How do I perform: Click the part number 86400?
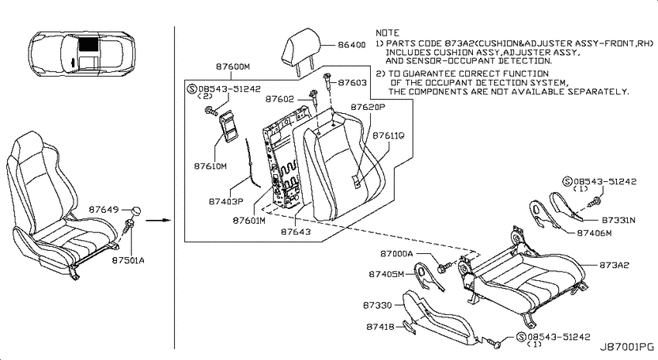pyautogui.click(x=351, y=44)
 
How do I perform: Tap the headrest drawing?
pyautogui.click(x=300, y=50)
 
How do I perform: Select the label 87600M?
pyautogui.click(x=233, y=67)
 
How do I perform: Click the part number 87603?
pyautogui.click(x=352, y=83)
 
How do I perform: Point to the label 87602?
pyautogui.click(x=280, y=99)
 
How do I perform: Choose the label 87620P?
pyautogui.click(x=368, y=107)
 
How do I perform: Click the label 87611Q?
pyautogui.click(x=388, y=135)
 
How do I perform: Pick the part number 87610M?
pyautogui.click(x=211, y=166)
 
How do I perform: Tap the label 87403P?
pyautogui.click(x=226, y=201)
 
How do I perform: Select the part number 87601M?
pyautogui.click(x=249, y=220)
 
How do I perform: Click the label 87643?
pyautogui.click(x=296, y=231)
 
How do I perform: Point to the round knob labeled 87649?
pyautogui.click(x=135, y=211)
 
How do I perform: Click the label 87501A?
pyautogui.click(x=128, y=260)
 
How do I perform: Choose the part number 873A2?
pyautogui.click(x=614, y=266)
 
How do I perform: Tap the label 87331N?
pyautogui.click(x=619, y=220)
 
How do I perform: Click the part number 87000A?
pyautogui.click(x=396, y=253)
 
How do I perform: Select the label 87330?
pyautogui.click(x=377, y=305)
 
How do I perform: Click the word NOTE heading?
pyautogui.click(x=387, y=33)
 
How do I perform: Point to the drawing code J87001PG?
pyautogui.click(x=626, y=347)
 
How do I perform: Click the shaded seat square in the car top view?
pyautogui.click(x=87, y=43)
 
